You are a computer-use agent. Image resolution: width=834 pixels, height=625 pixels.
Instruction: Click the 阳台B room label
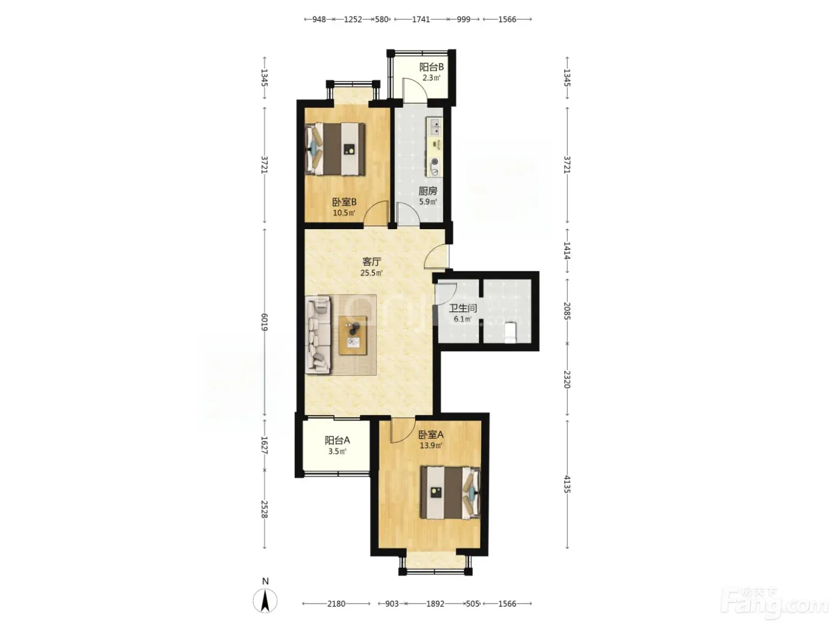pyautogui.click(x=431, y=67)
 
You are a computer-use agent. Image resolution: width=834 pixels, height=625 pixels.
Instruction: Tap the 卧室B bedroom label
pyautogui.click(x=344, y=202)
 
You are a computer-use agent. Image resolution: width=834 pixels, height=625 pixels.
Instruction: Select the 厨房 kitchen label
pyautogui.click(x=428, y=191)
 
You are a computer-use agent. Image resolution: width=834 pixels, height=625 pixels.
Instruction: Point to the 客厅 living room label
pyautogui.click(x=372, y=262)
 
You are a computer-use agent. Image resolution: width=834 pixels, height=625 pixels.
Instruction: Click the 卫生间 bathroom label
pyautogui.click(x=462, y=308)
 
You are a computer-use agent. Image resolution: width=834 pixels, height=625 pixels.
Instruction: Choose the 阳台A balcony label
pyautogui.click(x=337, y=440)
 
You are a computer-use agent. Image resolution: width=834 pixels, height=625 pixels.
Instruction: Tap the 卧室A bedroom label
pyautogui.click(x=431, y=435)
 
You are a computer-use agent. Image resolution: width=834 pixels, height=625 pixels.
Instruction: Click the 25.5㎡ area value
pyautogui.click(x=372, y=273)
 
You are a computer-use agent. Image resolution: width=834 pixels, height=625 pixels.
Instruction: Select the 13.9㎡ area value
pyautogui.click(x=431, y=445)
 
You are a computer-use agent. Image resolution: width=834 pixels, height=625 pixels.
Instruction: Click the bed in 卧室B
pyautogui.click(x=335, y=149)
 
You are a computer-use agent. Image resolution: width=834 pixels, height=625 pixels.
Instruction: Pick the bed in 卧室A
pyautogui.click(x=450, y=493)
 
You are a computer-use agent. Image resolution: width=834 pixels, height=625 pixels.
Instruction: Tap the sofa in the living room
pyautogui.click(x=318, y=335)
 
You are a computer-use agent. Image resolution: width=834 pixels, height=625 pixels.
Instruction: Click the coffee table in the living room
pyautogui.click(x=353, y=336)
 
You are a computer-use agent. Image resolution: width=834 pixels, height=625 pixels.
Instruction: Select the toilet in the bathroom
pyautogui.click(x=511, y=332)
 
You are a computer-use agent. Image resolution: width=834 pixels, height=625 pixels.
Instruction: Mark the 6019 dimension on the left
pyautogui.click(x=264, y=322)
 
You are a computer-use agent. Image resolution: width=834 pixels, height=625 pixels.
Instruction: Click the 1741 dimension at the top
pyautogui.click(x=421, y=20)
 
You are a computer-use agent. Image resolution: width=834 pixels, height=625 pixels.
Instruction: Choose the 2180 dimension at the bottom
pyautogui.click(x=336, y=604)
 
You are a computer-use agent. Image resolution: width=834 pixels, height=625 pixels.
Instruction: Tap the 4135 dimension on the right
pyautogui.click(x=567, y=484)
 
